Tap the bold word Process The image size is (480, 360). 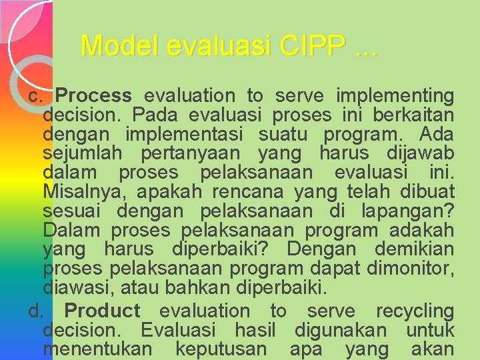click(x=98, y=96)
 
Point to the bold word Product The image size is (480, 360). click(x=102, y=311)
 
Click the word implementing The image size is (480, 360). click(x=395, y=96)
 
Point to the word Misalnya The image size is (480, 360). click(x=81, y=193)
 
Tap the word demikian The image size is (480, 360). click(x=414, y=250)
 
